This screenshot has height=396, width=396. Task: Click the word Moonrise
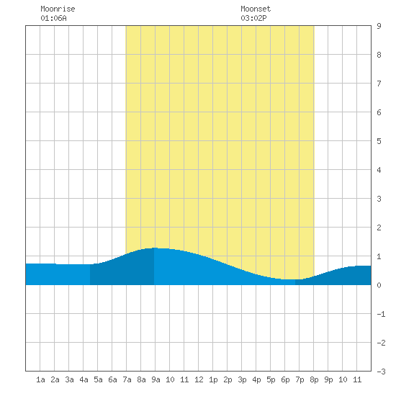pos(58,9)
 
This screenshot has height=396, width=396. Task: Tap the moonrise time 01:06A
pos(53,18)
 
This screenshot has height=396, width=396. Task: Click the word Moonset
pos(256,9)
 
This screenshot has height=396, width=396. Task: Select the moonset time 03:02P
pos(253,18)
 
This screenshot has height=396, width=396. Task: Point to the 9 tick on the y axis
pos(379,26)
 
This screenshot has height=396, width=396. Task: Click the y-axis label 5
pos(379,141)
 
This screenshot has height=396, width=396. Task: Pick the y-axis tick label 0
pos(379,285)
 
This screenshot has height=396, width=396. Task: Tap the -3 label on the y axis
pos(381,372)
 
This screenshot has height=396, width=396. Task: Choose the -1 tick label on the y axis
pos(381,314)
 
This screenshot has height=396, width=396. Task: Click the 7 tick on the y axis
pos(379,84)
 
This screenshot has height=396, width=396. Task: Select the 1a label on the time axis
pos(40,379)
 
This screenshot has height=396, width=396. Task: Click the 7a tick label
pos(127,379)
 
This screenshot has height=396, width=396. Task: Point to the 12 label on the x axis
pos(199,379)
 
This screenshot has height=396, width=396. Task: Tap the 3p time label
pos(242,379)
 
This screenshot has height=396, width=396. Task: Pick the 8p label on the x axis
pos(314,379)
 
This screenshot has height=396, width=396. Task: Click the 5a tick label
pos(98,379)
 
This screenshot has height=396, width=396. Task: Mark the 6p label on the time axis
pos(285,379)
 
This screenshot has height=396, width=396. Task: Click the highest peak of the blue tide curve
pos(155,248)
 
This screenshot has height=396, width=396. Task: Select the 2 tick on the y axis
pos(379,228)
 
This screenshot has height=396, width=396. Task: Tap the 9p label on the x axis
pos(328,379)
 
